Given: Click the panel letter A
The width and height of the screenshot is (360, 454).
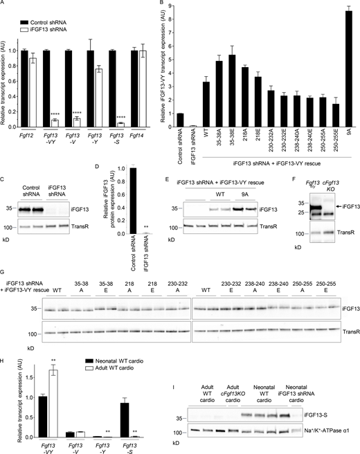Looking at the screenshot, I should click(x=3, y=5).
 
